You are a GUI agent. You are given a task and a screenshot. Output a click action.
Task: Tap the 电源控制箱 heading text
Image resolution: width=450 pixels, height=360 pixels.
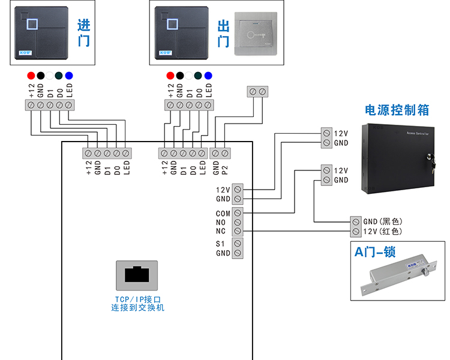tap(397, 110)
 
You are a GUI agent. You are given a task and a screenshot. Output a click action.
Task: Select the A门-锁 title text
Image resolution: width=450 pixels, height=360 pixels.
tap(379, 253)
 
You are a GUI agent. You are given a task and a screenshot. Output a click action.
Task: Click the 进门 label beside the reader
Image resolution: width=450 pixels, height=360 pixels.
tap(83, 34)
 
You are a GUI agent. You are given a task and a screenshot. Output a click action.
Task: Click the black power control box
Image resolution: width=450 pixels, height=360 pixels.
tap(397, 157)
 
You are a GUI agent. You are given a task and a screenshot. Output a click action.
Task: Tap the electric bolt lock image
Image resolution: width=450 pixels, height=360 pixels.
tap(396, 278)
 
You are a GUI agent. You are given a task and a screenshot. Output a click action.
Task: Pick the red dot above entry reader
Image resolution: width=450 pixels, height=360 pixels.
tap(31, 76)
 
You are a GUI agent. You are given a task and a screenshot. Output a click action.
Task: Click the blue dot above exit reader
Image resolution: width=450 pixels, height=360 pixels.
tap(208, 76)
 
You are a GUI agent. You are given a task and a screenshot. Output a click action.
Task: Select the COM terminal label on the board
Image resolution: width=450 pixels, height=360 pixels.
tap(223, 213)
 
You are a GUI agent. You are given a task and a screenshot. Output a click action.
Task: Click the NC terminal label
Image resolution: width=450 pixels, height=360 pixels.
tap(221, 231)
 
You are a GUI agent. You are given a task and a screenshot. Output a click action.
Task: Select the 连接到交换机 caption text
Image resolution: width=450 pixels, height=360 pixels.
tap(137, 308)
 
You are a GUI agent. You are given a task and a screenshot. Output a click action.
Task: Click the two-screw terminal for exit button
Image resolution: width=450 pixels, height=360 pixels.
tap(257, 91)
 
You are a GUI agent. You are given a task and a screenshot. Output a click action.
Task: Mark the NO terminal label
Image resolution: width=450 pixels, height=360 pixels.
tap(221, 222)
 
